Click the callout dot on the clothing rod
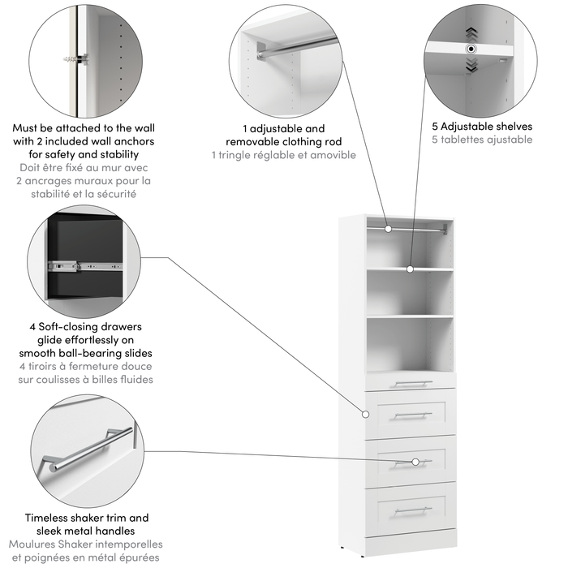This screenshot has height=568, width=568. point(388,229)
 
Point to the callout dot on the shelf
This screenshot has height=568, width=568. point(411,269)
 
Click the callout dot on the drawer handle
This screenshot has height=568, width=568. point(415,462)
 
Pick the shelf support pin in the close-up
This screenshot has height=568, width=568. point(470,49)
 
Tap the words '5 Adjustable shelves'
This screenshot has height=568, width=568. point(482,127)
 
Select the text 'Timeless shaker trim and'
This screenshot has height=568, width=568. point(86,518)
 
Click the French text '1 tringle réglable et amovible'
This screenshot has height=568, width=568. point(284,155)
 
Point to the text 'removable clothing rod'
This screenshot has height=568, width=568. point(284,142)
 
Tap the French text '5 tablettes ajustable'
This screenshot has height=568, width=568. point(482,140)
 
